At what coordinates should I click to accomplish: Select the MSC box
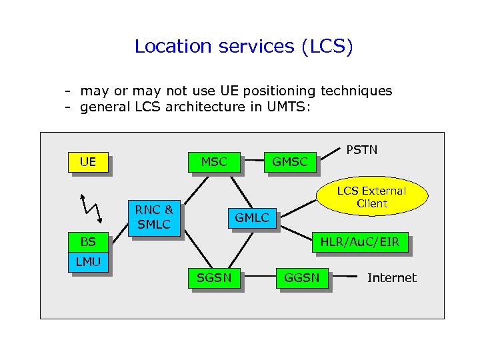coord(214,162)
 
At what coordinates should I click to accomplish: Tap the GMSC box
coord(290,162)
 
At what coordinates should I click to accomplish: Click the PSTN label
coord(362,149)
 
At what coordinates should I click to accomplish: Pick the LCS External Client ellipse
coord(371,197)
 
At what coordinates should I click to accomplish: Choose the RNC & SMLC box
coord(154,217)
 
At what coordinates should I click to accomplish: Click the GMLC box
coord(252,217)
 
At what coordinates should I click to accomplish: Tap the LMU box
coord(89,262)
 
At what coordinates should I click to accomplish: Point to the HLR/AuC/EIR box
coord(360,243)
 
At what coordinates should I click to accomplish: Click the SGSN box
coord(214,278)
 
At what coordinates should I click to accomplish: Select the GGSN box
coord(302,278)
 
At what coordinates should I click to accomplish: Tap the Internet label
coord(391,278)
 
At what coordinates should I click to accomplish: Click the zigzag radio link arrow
coord(91,208)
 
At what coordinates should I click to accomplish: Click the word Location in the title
coord(163,47)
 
